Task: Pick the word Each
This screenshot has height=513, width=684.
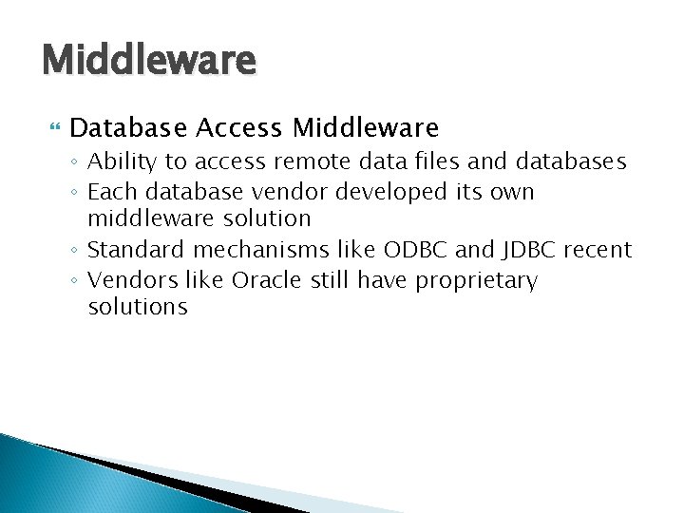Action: [x=108, y=192]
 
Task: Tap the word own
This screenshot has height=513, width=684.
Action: [x=514, y=193]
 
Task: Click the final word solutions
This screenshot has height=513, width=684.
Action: [x=137, y=307]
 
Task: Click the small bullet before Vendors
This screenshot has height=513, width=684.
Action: [x=76, y=281]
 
